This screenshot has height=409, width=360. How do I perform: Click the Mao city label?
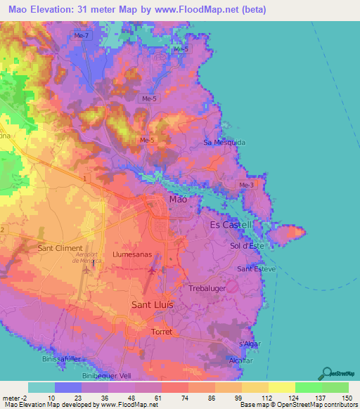point(179,200)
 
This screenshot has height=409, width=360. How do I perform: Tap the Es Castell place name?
point(231,225)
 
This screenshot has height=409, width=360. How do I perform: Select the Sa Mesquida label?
point(224,142)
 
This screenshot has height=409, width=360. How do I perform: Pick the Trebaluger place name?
point(210,288)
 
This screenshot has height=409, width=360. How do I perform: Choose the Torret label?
point(162,330)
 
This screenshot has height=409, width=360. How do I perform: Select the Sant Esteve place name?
point(256,269)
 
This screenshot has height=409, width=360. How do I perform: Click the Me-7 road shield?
point(82,35)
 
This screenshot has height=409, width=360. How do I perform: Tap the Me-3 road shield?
point(246,185)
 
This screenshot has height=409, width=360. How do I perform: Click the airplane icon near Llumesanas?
point(153,269)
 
